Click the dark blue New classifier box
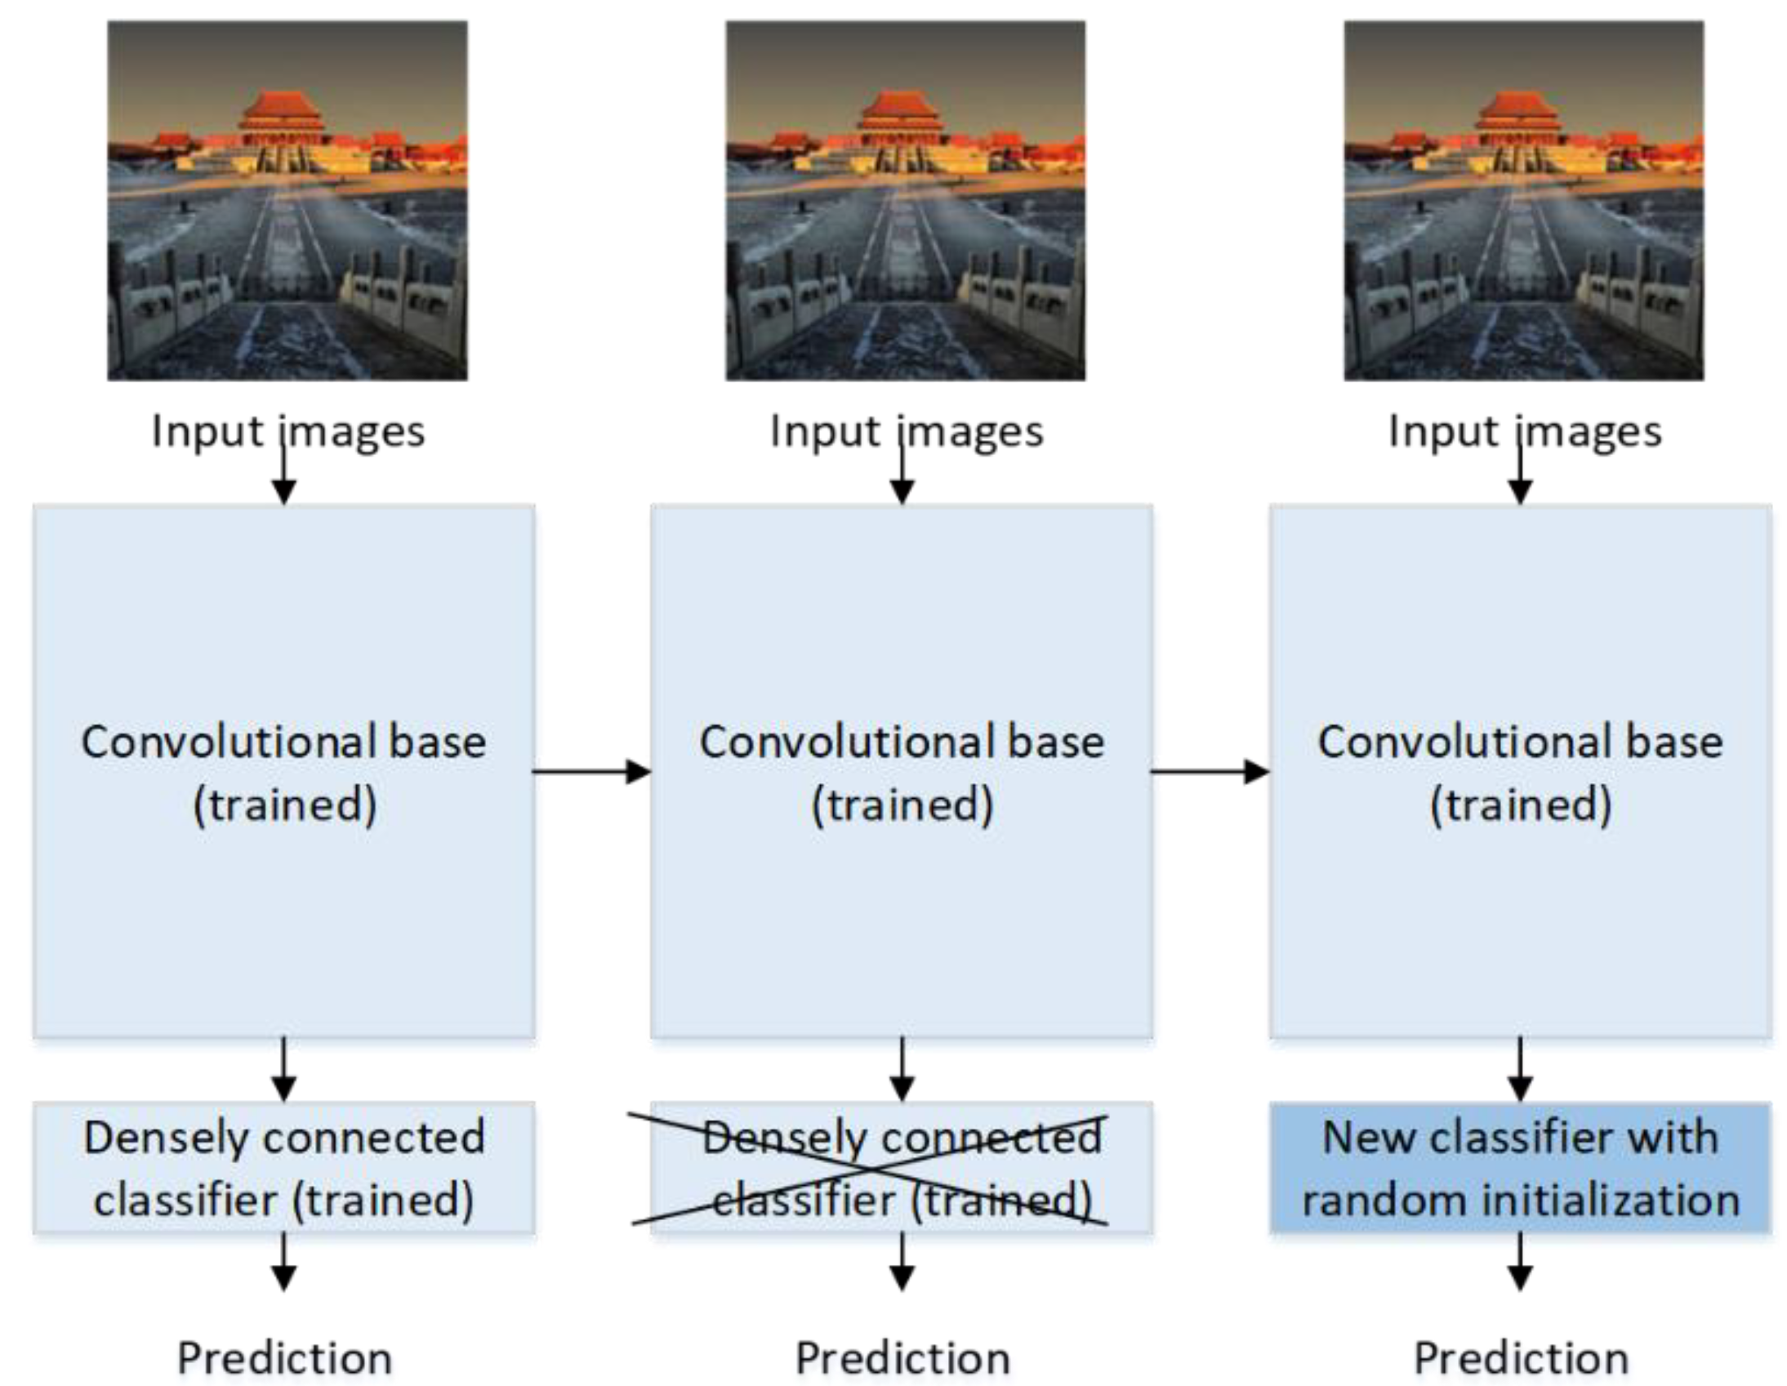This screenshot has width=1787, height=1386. coord(1519,1168)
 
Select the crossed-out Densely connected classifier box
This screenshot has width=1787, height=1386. coord(902,1168)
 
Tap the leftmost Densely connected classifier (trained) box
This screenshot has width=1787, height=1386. coord(284,1168)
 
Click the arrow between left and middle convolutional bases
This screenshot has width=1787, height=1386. coord(591,771)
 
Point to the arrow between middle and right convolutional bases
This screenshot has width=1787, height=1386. coord(1210,771)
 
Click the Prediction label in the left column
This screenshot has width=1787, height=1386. coord(285,1359)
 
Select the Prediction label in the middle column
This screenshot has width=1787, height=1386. coord(902,1359)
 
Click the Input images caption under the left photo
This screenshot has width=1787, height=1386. coord(288,431)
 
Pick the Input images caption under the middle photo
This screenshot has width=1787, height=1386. coord(907,431)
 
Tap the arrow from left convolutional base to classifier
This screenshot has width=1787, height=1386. coord(284,1069)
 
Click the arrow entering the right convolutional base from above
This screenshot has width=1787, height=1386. coord(1519,479)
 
